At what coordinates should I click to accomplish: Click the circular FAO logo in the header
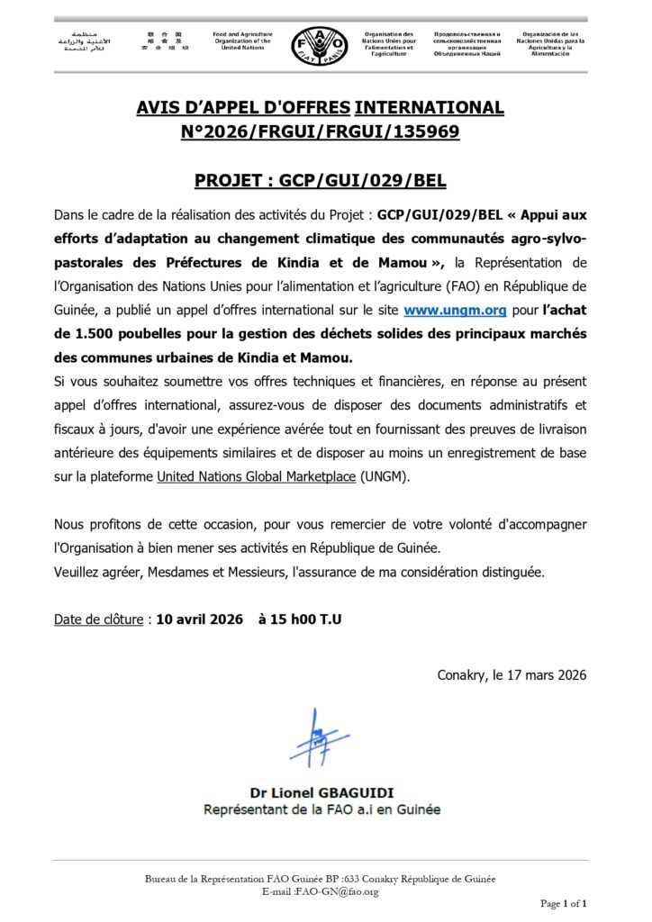point(319,42)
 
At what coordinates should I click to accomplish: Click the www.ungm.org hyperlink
point(440,311)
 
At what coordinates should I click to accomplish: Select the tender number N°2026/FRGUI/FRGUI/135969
point(321,131)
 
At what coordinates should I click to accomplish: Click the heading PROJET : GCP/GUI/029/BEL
point(321,181)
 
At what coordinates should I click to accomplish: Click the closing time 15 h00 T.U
point(300,619)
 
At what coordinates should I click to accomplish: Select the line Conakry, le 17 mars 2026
point(512,674)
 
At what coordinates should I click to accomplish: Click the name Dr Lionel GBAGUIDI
point(321,792)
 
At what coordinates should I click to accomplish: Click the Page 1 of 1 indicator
point(563,902)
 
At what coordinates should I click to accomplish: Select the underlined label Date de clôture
point(99,619)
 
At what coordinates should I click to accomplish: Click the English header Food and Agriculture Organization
point(242,41)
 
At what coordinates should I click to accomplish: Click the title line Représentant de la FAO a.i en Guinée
point(321,809)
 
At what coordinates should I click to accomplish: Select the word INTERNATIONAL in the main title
point(430,108)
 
